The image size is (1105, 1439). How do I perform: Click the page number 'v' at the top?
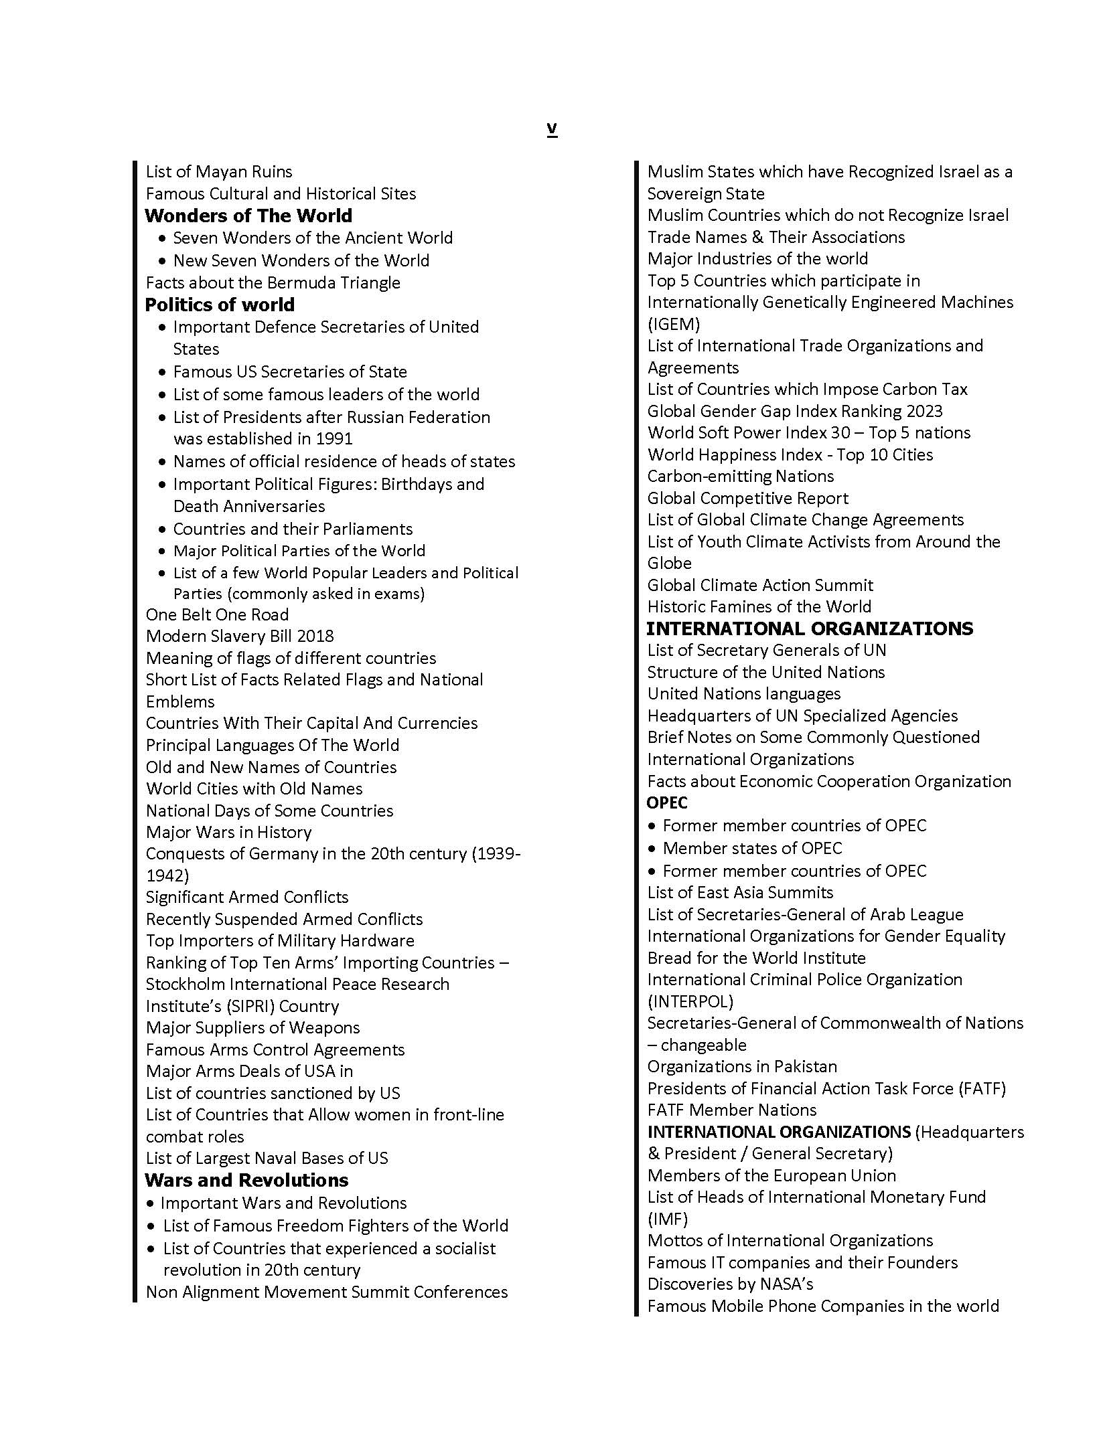(x=552, y=129)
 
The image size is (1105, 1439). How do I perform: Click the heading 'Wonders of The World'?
(x=248, y=216)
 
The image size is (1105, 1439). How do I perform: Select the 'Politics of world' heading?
(x=220, y=305)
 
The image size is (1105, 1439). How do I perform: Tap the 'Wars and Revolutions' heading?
(x=246, y=1179)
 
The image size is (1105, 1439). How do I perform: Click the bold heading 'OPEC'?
(x=667, y=802)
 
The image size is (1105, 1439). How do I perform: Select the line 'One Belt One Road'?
(x=217, y=614)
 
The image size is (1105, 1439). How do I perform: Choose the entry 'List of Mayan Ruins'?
(x=219, y=172)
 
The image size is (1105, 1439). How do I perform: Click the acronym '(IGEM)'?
(x=673, y=324)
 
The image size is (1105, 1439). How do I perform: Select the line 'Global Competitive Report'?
(x=747, y=498)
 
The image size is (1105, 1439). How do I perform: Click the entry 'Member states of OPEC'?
(x=752, y=848)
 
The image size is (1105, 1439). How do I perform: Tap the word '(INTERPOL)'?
(x=690, y=1001)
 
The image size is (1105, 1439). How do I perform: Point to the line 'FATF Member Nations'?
(x=731, y=1110)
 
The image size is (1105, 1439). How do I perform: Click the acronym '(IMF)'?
(x=667, y=1219)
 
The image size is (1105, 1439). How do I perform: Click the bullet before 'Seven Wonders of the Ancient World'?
(x=163, y=238)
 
